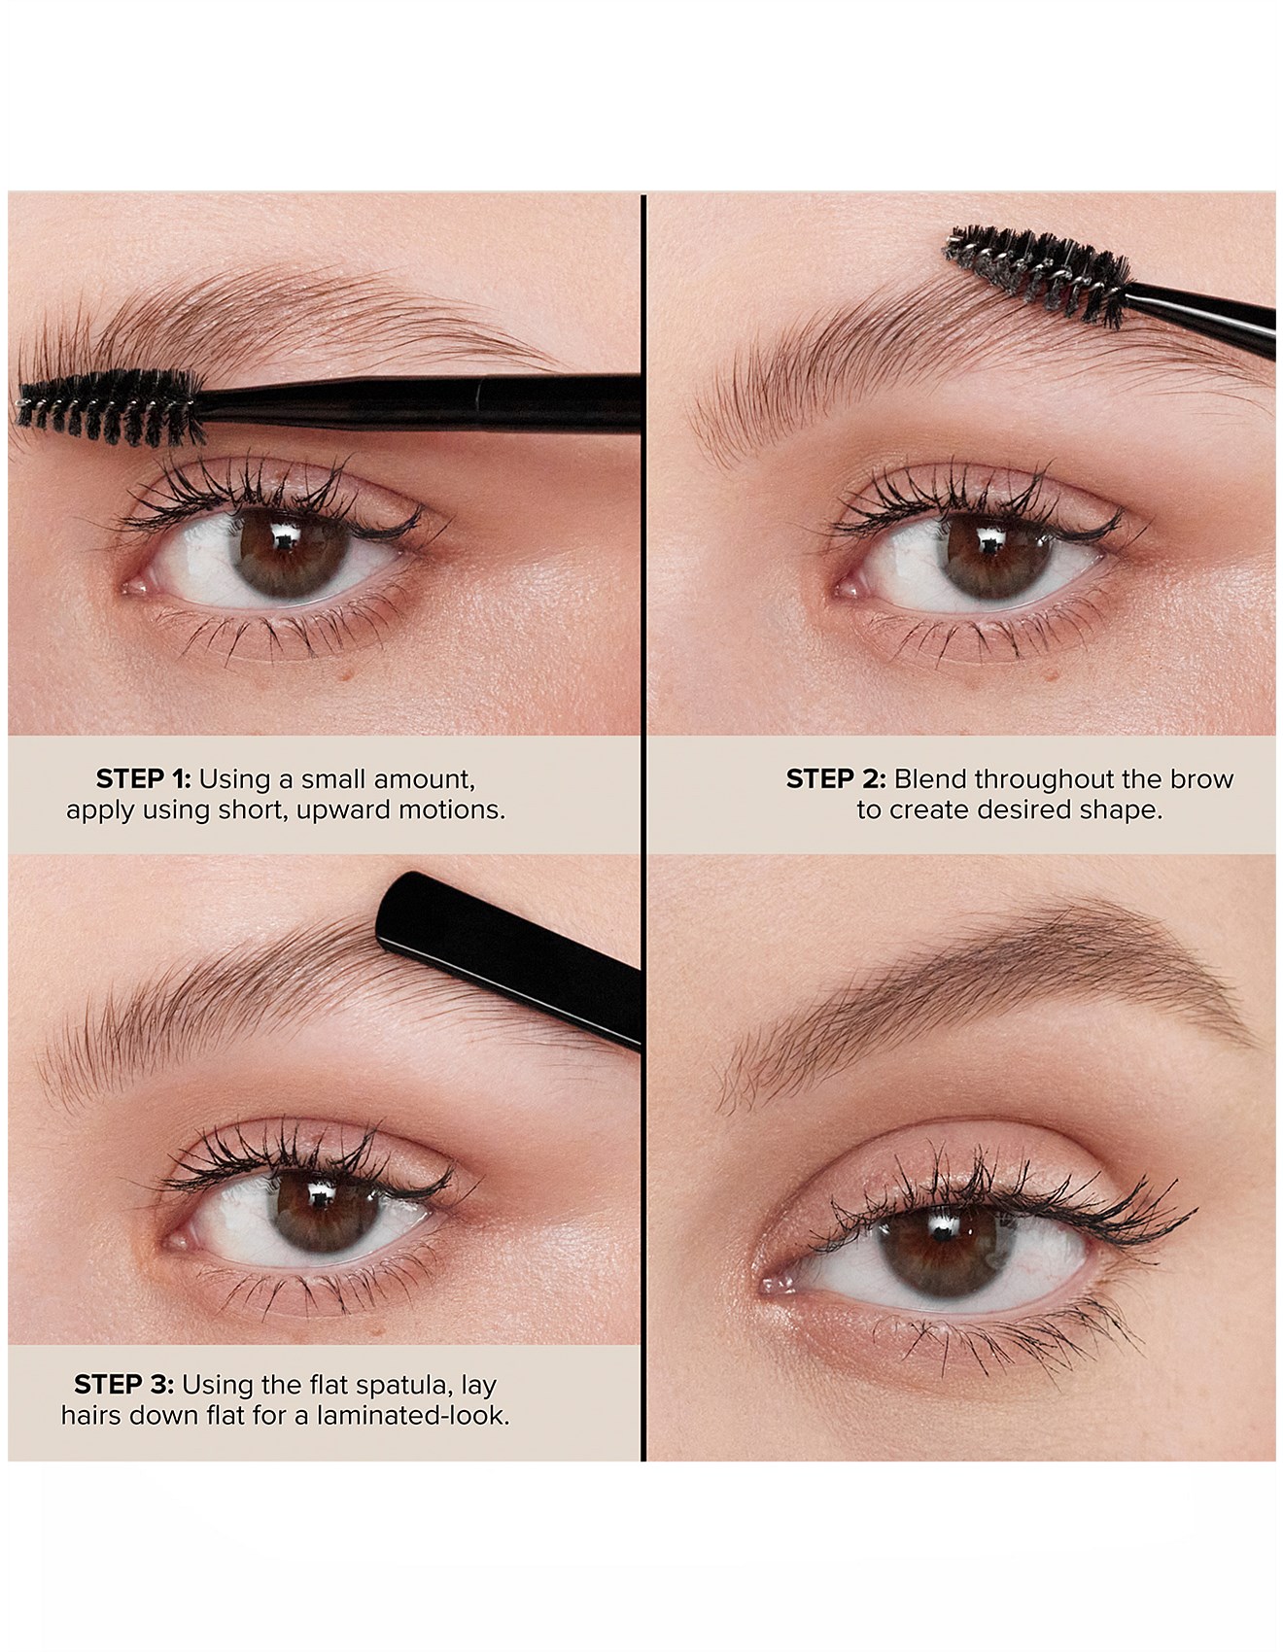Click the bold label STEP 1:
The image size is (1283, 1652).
click(143, 779)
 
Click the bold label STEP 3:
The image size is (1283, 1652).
click(123, 1384)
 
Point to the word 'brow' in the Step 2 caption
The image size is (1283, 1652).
click(1203, 779)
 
